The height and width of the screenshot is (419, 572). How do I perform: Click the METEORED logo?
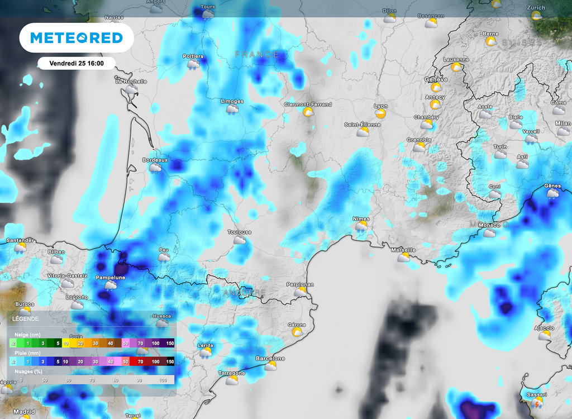pos(77,37)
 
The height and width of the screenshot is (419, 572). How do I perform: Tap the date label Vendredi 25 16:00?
pos(77,63)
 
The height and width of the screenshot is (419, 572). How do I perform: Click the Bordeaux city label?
pos(154,160)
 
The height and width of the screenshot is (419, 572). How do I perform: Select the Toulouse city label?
pos(240,232)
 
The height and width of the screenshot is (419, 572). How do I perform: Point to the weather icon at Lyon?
pos(381,113)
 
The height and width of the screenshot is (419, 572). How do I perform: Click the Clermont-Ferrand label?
pos(308,104)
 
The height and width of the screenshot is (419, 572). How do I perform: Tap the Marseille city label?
pos(403,250)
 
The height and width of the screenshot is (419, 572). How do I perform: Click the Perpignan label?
pos(300,284)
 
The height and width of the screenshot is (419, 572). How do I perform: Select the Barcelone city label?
pos(270,358)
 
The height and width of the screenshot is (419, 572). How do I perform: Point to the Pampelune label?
pos(111,277)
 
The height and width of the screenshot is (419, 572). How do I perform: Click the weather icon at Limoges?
pos(232,109)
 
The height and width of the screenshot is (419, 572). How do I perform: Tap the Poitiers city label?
pos(193,56)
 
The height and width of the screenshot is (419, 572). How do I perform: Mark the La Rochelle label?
pos(131,81)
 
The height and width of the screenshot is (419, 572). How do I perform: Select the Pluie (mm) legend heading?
pos(27,354)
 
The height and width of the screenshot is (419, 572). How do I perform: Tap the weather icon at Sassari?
pos(537,402)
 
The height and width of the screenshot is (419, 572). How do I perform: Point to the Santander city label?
pos(20,240)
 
